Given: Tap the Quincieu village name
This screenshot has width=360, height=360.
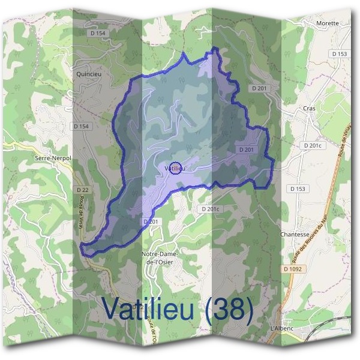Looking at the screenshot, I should pyautogui.click(x=88, y=76).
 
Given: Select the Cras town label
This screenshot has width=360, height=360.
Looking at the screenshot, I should pyautogui.click(x=309, y=108).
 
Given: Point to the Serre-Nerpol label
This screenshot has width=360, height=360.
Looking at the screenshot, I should pyautogui.click(x=53, y=157).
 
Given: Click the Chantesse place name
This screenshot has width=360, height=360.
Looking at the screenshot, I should pyautogui.click(x=294, y=235).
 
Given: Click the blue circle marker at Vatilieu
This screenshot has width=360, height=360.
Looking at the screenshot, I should pyautogui.click(x=175, y=168).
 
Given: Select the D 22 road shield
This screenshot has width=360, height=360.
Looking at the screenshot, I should pyautogui.click(x=82, y=190).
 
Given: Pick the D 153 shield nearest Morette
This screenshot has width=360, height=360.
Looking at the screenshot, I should pyautogui.click(x=339, y=54).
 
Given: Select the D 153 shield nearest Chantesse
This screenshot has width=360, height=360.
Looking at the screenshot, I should pyautogui.click(x=298, y=189).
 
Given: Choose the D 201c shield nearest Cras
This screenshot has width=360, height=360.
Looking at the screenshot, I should pyautogui.click(x=313, y=146).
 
